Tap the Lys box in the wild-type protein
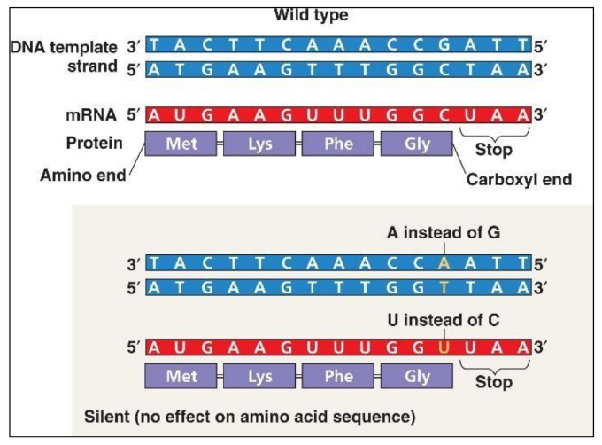[x=259, y=144]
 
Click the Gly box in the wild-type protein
[x=416, y=144]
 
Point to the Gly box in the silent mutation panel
[x=416, y=377]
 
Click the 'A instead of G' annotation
[x=432, y=233]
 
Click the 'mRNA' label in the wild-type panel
[x=91, y=113]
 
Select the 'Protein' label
[x=94, y=143]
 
